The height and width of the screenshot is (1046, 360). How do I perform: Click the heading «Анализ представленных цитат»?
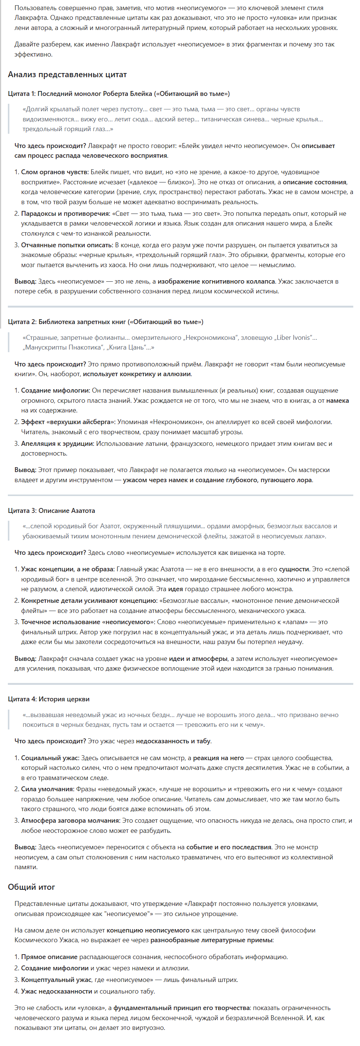click(67, 74)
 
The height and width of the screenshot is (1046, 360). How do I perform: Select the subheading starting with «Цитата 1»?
click(118, 94)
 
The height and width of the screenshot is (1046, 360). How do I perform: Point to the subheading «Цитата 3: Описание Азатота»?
click(51, 510)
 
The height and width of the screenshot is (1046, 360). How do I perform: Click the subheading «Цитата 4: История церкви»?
click(49, 699)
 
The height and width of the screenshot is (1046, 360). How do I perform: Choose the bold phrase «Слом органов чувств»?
click(54, 172)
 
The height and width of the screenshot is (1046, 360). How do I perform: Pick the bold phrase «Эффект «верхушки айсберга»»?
click(68, 422)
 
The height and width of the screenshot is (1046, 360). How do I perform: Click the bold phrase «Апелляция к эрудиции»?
click(57, 444)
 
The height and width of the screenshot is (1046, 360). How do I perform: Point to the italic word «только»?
click(215, 470)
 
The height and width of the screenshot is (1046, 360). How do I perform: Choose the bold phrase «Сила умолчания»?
click(48, 789)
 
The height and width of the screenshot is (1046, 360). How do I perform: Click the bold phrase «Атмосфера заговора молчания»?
click(71, 820)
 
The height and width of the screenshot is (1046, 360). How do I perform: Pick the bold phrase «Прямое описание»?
click(49, 957)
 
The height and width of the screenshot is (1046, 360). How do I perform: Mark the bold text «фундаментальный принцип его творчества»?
click(182, 1008)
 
